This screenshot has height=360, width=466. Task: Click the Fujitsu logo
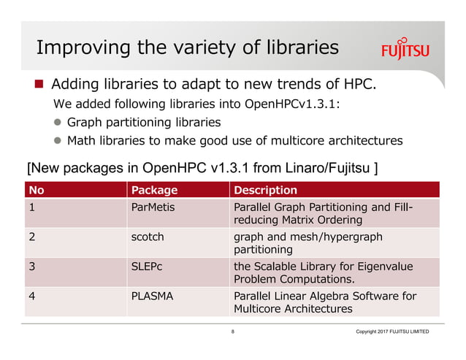point(405,50)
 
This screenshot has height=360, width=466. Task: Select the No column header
point(37,191)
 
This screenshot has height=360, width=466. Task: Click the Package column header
point(154,191)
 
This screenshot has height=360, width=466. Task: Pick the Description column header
point(265,191)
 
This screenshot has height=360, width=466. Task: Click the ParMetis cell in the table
point(153,207)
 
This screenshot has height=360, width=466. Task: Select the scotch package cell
point(148,237)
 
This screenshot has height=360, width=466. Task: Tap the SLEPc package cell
point(147,266)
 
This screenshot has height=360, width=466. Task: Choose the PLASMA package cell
point(151,296)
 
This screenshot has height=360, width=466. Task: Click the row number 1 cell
point(32,207)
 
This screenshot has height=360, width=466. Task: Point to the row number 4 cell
point(32,296)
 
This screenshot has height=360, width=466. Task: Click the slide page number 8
point(233,332)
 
